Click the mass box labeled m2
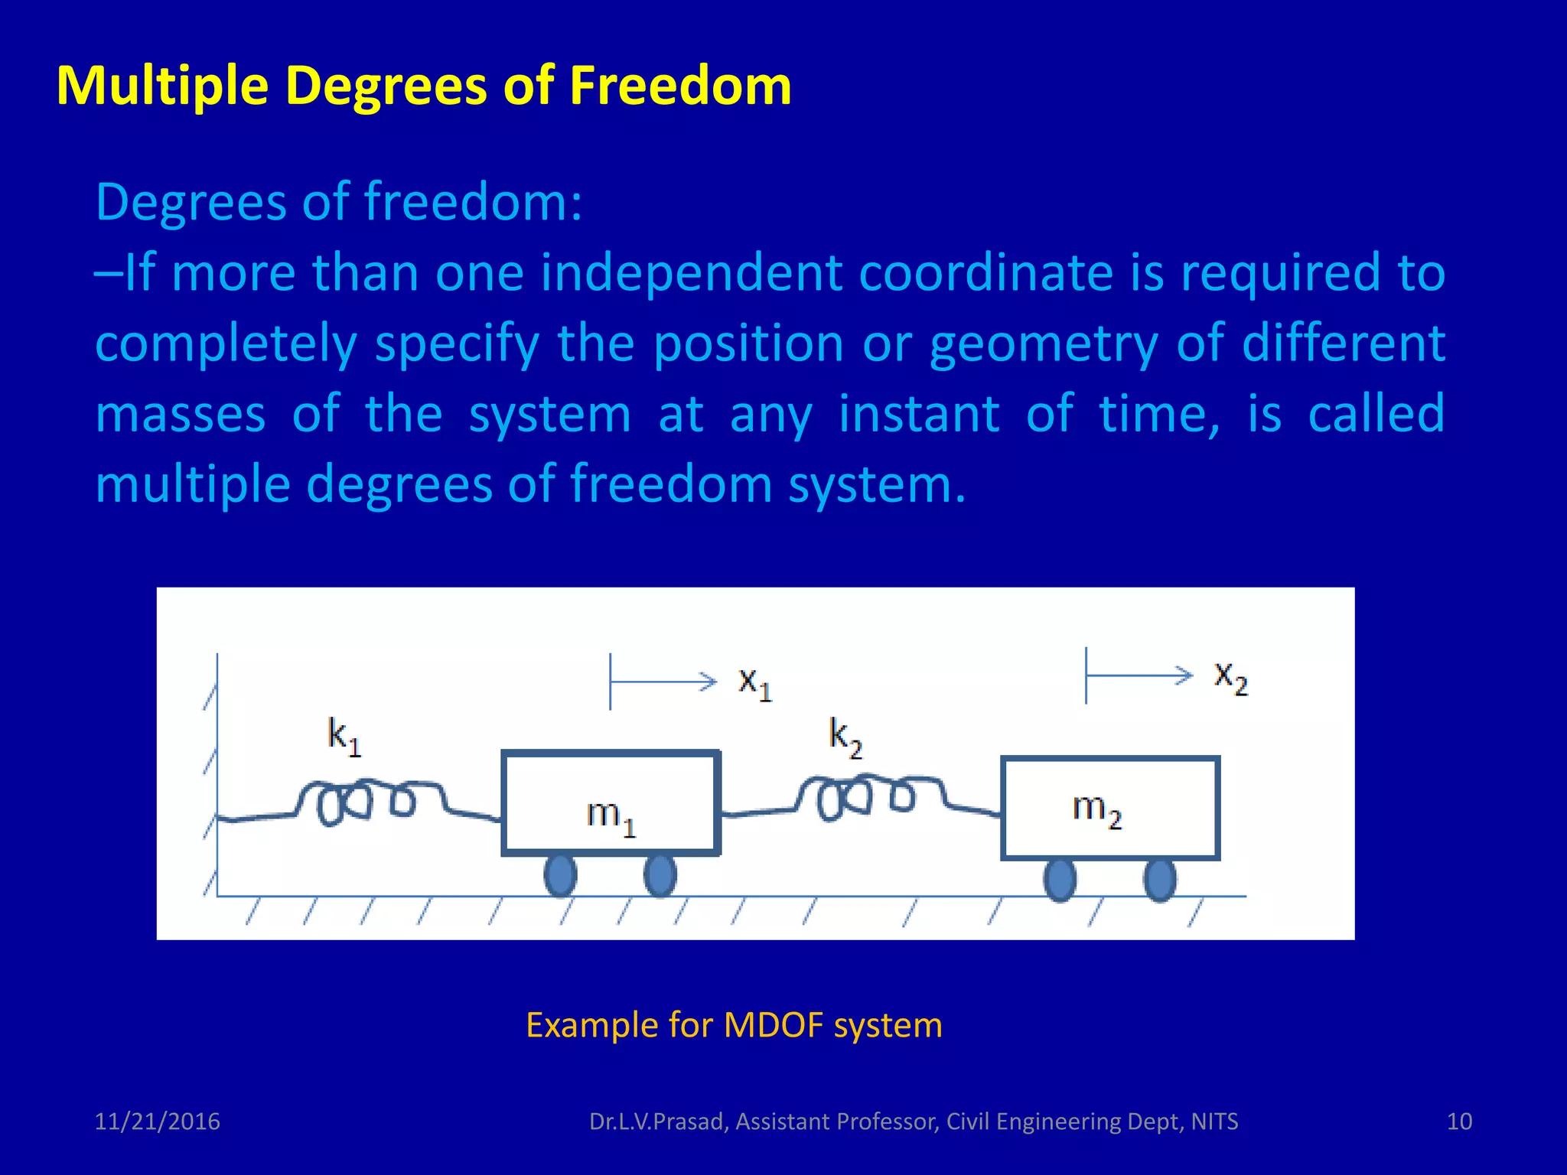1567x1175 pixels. (1109, 807)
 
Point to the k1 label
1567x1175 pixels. (344, 736)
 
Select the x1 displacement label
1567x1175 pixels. (754, 682)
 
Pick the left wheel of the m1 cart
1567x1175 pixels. (560, 875)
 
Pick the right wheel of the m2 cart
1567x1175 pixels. (1160, 880)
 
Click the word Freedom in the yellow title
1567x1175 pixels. (680, 85)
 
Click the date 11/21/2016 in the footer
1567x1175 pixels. (157, 1121)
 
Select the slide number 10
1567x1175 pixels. (1459, 1121)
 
